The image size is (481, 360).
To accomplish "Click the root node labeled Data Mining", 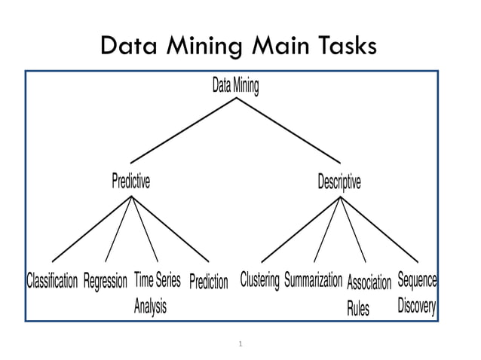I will coord(235,87).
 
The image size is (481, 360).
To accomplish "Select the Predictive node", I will coord(130,182).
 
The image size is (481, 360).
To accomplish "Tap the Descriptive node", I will coord(339,182).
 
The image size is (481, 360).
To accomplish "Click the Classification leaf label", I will coord(52,282).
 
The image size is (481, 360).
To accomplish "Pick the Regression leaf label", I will coord(106,282).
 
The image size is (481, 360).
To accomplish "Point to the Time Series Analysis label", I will coord(156,292).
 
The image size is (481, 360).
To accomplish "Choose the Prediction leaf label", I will coord(208,282).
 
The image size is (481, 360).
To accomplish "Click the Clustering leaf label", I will coord(259,280).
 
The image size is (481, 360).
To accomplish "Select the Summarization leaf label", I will coord(313,280).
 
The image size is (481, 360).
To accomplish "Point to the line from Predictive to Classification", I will coord(92,229).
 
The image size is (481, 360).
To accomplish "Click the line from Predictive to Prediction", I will coord(170,229).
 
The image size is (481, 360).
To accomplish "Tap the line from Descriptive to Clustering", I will coord(301,229).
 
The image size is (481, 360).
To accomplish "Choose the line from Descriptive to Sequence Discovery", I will coord(379,229).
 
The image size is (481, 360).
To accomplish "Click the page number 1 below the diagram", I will coord(240,344).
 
